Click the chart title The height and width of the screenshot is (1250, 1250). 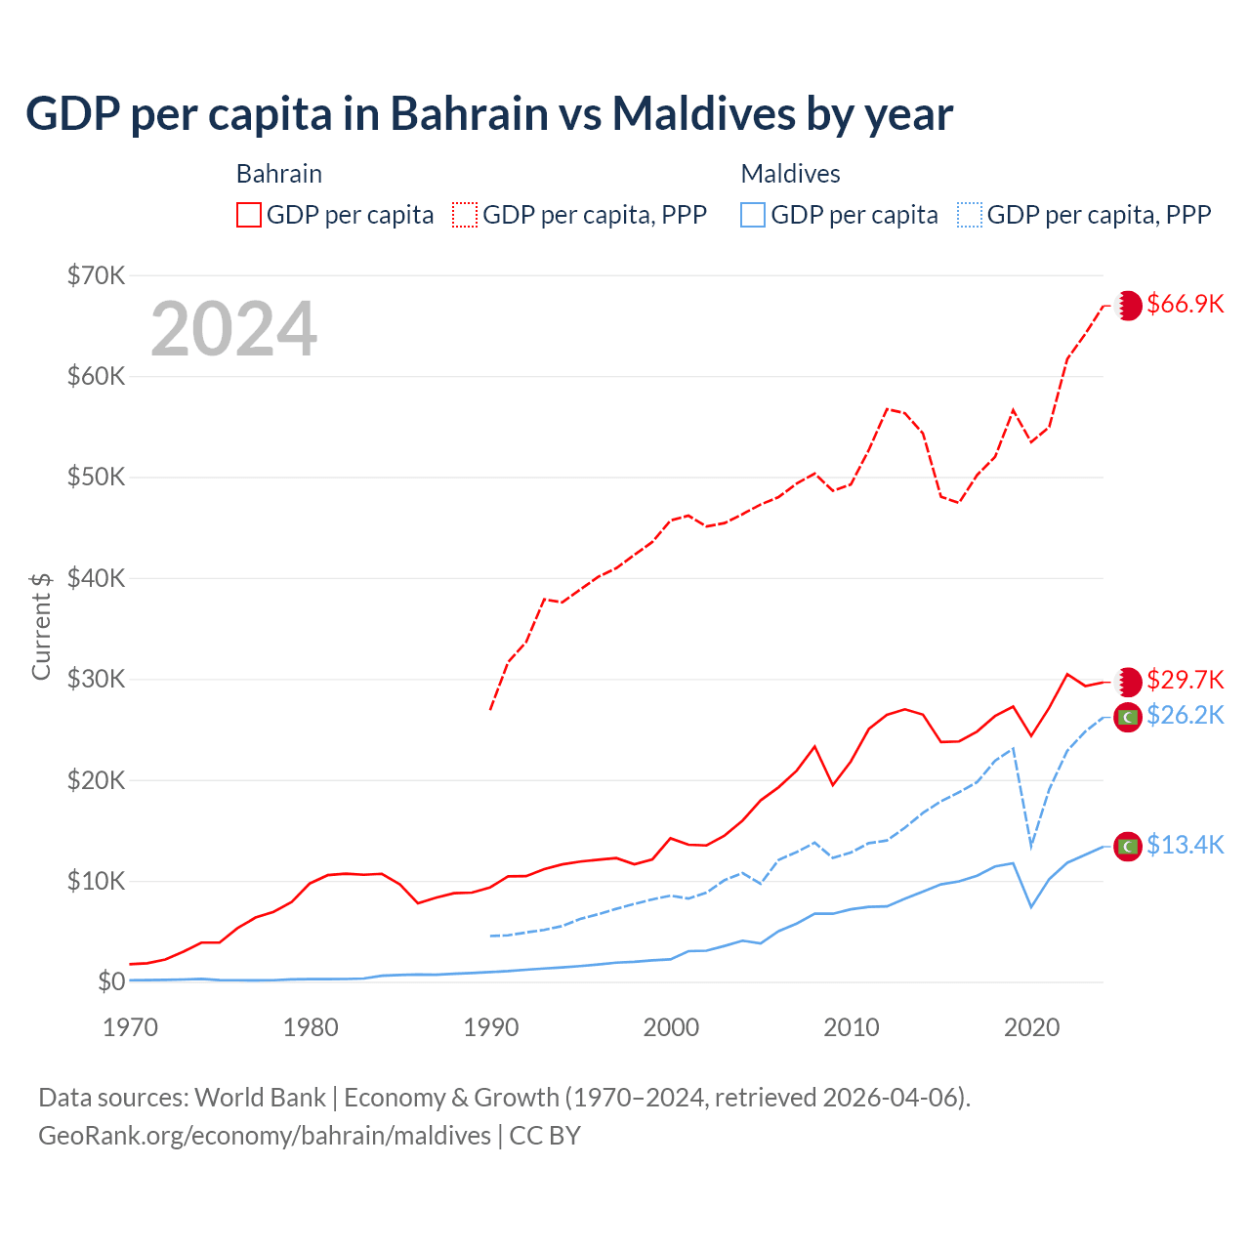pos(489,114)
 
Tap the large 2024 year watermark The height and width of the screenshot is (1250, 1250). pos(234,329)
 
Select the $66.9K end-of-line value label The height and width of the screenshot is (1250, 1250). pos(1185,304)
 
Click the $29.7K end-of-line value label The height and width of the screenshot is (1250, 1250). pos(1185,680)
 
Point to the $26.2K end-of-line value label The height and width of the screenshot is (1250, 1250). pos(1185,716)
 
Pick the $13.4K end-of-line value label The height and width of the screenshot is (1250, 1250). pos(1185,845)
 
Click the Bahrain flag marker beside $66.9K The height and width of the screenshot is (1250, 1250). pos(1128,306)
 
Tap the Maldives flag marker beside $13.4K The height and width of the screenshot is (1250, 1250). pos(1128,847)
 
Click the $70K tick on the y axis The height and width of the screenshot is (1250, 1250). pos(97,275)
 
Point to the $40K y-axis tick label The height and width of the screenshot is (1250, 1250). pos(97,578)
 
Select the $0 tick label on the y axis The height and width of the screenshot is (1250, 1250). pos(111,981)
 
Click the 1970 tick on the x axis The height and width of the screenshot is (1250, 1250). pos(131,1027)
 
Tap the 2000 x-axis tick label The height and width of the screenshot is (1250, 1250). pos(671,1027)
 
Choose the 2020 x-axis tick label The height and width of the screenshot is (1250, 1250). pos(1032,1027)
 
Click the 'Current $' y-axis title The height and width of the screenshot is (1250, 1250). pos(41,625)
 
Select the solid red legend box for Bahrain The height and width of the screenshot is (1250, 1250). pos(249,215)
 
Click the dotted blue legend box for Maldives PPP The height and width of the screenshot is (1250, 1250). pos(970,215)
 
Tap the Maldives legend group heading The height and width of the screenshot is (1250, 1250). pos(790,174)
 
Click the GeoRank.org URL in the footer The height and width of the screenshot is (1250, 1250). pos(265,1136)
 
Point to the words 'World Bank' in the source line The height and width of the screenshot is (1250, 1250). pos(260,1098)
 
